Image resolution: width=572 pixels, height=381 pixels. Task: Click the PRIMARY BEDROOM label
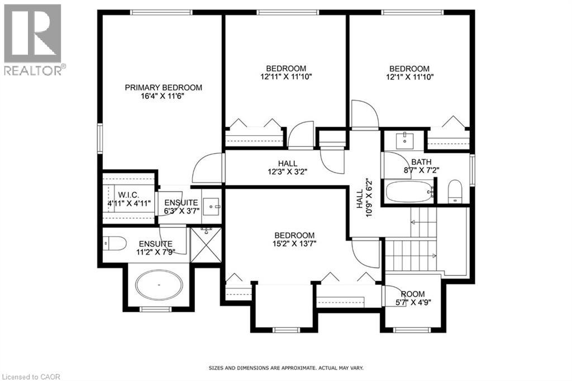pyautogui.click(x=163, y=88)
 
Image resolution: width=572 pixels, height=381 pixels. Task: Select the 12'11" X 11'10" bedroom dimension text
pyautogui.click(x=285, y=77)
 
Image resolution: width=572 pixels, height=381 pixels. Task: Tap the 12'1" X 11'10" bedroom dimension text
pyautogui.click(x=411, y=77)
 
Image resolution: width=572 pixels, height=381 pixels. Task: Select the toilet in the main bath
pyautogui.click(x=455, y=192)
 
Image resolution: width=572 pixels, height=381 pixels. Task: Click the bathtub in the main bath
pyautogui.click(x=409, y=192)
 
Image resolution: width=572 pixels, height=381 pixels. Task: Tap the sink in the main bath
pyautogui.click(x=404, y=139)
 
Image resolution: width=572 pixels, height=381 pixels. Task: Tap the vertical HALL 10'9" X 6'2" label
pyautogui.click(x=364, y=198)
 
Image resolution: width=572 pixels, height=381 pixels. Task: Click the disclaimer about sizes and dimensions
pyautogui.click(x=286, y=368)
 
